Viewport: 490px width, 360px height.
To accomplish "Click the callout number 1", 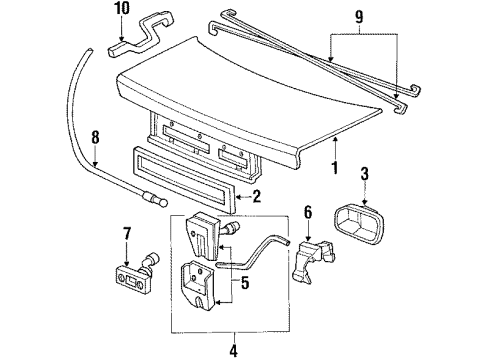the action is click(335, 168).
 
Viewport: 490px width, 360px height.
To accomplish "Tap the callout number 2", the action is click(257, 197).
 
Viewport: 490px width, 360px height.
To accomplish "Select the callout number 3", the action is click(365, 174).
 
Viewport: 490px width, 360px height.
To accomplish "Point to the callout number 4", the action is click(234, 350).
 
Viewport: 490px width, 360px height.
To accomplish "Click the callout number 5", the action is click(245, 283).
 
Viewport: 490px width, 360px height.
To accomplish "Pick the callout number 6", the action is click(308, 212).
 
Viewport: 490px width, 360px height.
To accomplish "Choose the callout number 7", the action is click(127, 234).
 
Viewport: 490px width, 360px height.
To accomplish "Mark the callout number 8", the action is click(95, 137).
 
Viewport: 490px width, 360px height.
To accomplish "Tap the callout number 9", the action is click(359, 17).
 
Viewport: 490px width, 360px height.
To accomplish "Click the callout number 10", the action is click(121, 9).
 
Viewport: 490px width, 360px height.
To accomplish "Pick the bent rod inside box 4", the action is click(252, 253).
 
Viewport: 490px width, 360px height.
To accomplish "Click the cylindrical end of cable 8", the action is click(155, 198).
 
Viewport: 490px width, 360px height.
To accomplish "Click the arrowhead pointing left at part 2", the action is click(238, 197).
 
